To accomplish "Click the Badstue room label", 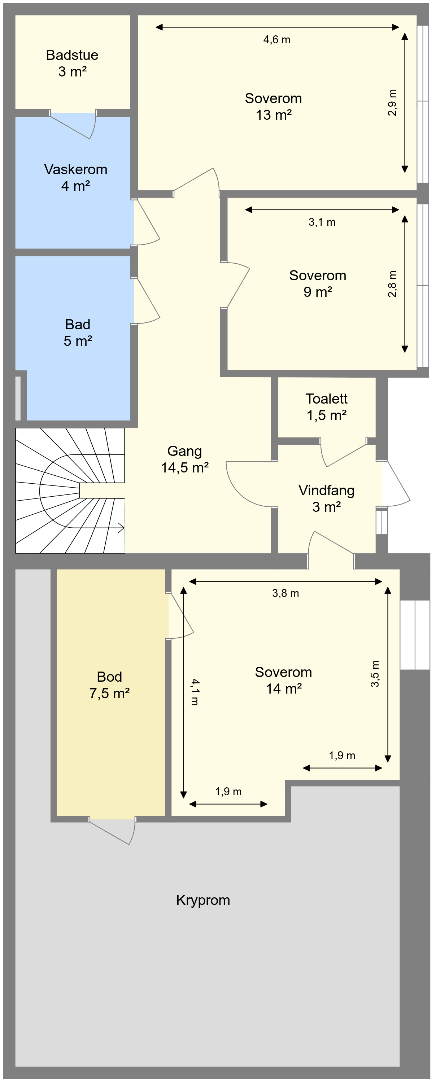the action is coord(72,63).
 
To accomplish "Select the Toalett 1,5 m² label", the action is coord(327,406).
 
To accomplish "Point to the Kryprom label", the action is coord(203,901).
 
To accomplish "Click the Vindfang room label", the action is coord(327,498).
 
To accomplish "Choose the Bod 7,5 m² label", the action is coord(109,685).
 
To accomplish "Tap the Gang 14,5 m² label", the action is coord(185,459).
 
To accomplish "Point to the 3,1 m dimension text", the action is coord(322,222).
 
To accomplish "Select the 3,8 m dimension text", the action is coord(285,593).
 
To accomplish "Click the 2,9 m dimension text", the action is coord(392,102).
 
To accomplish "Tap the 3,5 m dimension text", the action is coord(375,674).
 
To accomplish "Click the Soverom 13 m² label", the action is coord(273,106).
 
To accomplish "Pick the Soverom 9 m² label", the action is coord(318,283).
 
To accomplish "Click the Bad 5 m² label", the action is coord(78,333).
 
